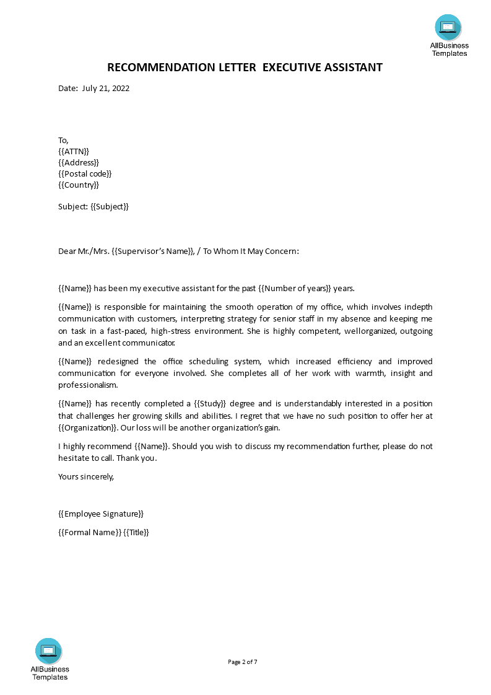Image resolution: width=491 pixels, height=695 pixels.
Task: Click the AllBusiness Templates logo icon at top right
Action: point(448,27)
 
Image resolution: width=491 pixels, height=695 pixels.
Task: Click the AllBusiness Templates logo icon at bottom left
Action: point(48,650)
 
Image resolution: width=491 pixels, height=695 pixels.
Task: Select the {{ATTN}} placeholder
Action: point(74,151)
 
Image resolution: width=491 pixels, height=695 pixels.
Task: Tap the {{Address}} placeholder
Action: point(79,162)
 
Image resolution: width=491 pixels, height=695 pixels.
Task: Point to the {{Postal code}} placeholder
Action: point(85,173)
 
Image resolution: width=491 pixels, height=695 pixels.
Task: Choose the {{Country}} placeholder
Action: point(79,185)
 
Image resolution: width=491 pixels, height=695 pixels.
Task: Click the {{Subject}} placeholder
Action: point(110,206)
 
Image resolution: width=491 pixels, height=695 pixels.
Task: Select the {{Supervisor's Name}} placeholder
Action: point(152,251)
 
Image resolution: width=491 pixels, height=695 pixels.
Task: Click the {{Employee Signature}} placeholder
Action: point(101,514)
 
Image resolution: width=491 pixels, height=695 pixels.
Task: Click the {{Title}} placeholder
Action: point(137,532)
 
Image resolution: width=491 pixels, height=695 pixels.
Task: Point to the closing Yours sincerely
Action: point(86,476)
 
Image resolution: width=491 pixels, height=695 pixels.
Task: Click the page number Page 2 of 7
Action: point(243,662)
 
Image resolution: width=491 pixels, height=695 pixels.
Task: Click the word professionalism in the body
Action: point(87,385)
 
